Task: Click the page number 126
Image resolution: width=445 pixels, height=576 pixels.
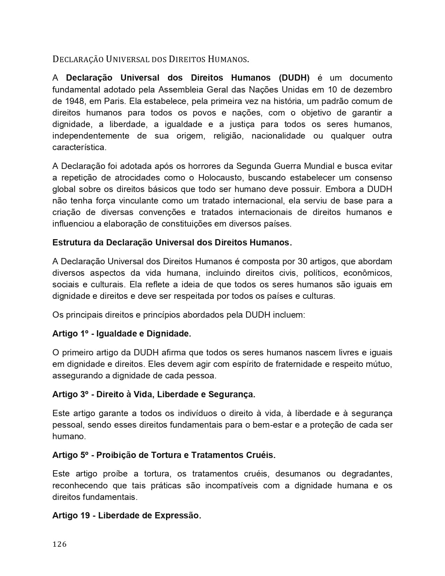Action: click(x=59, y=544)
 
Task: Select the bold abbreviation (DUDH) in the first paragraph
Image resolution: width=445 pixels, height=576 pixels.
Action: click(x=294, y=78)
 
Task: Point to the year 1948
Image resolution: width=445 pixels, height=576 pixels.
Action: click(x=73, y=101)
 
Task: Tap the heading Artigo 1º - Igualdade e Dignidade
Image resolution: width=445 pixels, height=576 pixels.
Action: click(x=121, y=334)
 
